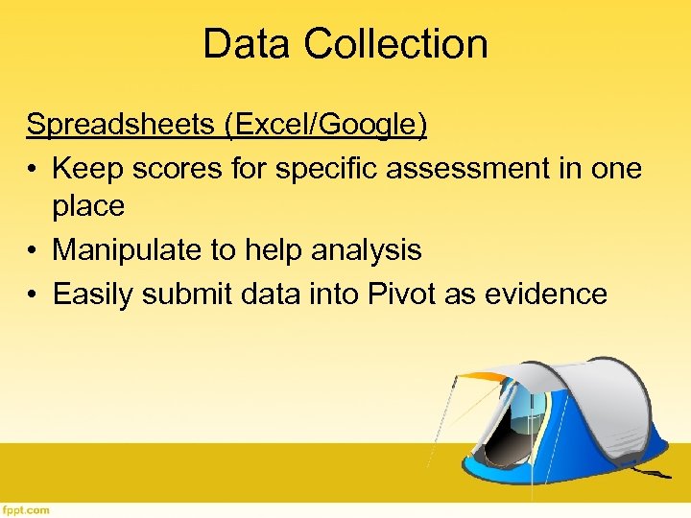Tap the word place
[x=88, y=205]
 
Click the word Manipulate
[x=128, y=250]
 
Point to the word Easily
[x=93, y=294]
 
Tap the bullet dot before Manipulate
[x=34, y=250]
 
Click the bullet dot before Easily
[x=34, y=294]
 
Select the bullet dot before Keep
[x=34, y=168]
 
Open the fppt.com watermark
[x=26, y=509]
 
